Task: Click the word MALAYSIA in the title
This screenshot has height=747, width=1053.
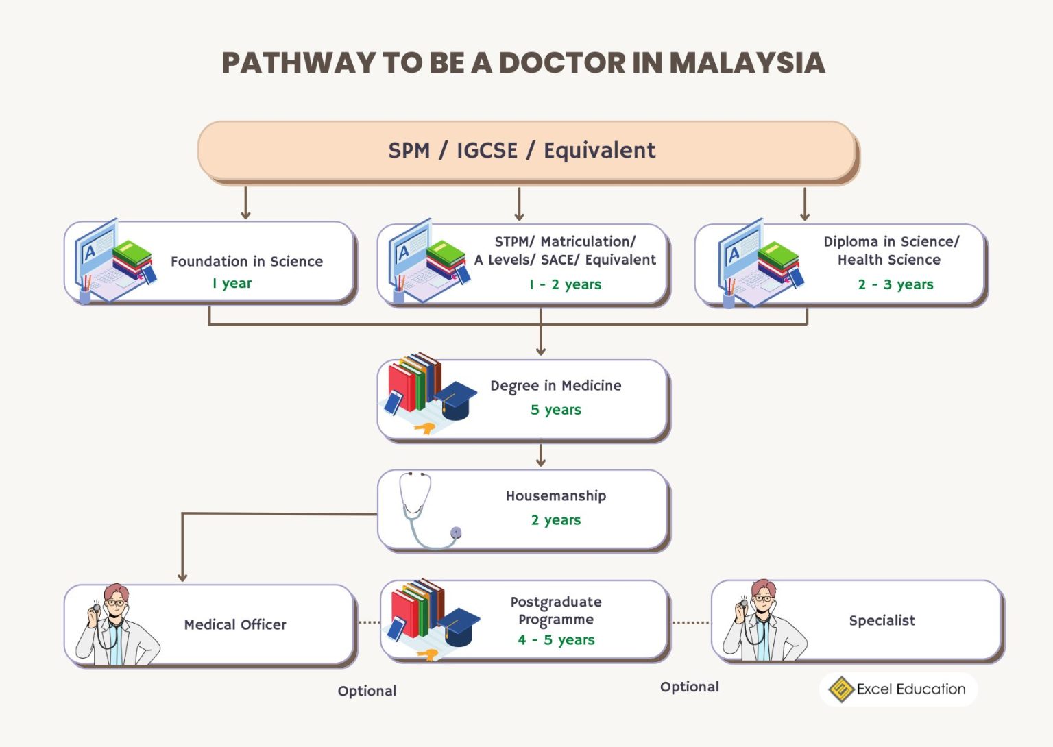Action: tap(747, 63)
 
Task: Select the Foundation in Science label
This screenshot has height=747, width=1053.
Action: tap(247, 261)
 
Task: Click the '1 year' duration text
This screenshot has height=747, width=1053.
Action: tap(232, 283)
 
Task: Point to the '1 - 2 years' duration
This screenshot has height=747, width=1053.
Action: tap(565, 284)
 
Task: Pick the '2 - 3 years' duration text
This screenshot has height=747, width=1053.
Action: tap(895, 284)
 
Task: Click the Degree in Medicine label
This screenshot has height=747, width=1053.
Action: tap(555, 386)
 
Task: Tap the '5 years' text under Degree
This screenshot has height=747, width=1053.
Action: tap(555, 410)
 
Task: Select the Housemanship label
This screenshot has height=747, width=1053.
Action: tap(555, 495)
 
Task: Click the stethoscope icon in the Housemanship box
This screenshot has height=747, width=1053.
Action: tap(425, 511)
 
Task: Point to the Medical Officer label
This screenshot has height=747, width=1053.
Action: tap(235, 624)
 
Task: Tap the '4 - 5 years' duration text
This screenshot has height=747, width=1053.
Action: tap(555, 640)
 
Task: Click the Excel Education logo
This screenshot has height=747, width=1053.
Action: tap(898, 689)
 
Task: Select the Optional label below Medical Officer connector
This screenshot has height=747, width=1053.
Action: tap(367, 691)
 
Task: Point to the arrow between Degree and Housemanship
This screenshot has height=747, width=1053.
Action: tap(541, 455)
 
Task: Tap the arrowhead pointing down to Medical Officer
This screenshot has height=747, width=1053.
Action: tap(182, 577)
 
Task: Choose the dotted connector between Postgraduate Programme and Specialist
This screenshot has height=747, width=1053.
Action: tap(690, 623)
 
